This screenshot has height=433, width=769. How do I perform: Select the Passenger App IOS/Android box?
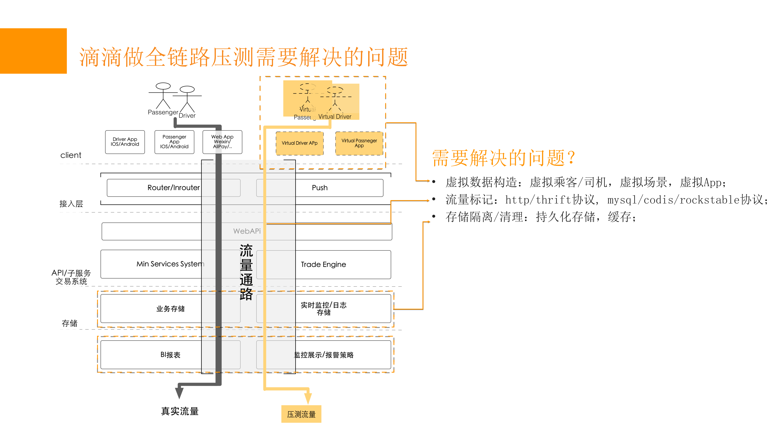pos(174,142)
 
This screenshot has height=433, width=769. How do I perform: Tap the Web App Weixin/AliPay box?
pos(222,142)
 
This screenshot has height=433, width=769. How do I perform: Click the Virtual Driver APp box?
pos(299,143)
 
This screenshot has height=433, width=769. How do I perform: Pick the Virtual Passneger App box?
pos(359,143)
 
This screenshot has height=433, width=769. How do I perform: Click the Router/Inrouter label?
pos(174,188)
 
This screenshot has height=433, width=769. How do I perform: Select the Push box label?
pos(320,188)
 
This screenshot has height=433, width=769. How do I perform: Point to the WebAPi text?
pos(247,231)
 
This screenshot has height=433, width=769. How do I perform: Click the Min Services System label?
pos(170,264)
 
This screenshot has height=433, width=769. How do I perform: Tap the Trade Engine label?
pos(323,264)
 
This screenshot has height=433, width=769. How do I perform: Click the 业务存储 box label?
pos(171,309)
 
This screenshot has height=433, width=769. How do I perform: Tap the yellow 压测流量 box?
pos(301,414)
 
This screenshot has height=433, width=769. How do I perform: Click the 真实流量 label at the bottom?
pos(180,411)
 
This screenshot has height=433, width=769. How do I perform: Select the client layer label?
pos(71,155)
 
